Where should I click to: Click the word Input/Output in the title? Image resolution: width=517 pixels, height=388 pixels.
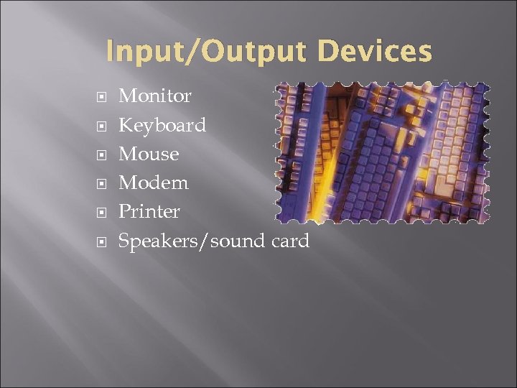click(208, 52)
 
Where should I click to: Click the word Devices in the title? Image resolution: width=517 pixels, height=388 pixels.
click(374, 52)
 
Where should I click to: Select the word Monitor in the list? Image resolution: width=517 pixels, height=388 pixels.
click(154, 96)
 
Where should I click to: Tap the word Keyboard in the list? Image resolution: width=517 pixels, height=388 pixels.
click(162, 125)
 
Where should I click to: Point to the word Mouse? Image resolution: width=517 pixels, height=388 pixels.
click(149, 154)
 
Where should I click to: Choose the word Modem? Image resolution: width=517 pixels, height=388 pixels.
click(154, 183)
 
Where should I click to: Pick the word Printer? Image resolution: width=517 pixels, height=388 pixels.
click(149, 212)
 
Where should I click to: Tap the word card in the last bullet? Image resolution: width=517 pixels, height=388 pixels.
click(291, 241)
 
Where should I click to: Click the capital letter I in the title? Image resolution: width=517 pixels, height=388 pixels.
click(110, 52)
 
